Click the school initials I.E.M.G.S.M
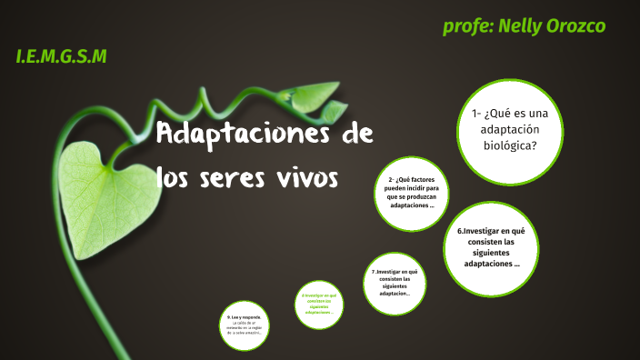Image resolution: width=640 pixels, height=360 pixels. (61, 57)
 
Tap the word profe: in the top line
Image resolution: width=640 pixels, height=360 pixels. (467, 26)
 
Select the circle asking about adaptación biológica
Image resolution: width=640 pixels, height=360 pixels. (510, 129)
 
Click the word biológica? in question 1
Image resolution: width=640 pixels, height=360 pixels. (510, 145)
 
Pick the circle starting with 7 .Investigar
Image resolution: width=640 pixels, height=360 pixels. (395, 283)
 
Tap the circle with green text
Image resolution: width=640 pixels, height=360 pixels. (319, 304)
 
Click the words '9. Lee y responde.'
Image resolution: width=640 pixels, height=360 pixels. (244, 316)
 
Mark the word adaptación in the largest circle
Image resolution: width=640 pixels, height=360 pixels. (510, 129)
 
